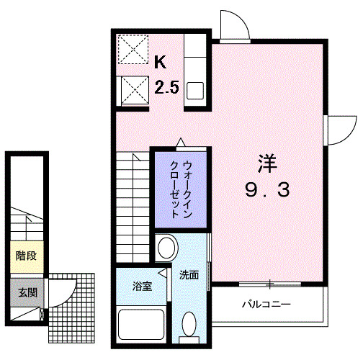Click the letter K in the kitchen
161,62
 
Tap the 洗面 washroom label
189,274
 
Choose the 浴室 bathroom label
142,287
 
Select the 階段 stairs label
25,255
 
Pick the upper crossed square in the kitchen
133,50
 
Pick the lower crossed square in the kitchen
133,91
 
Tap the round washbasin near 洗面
166,248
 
